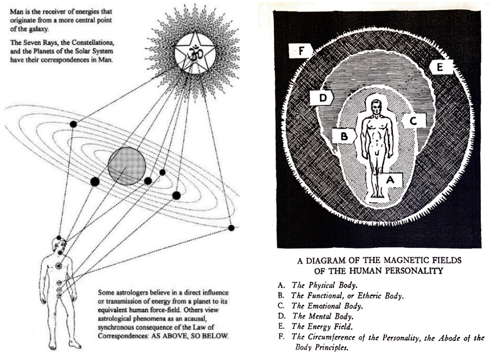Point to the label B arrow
(x=344, y=136)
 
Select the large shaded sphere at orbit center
(x=127, y=166)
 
